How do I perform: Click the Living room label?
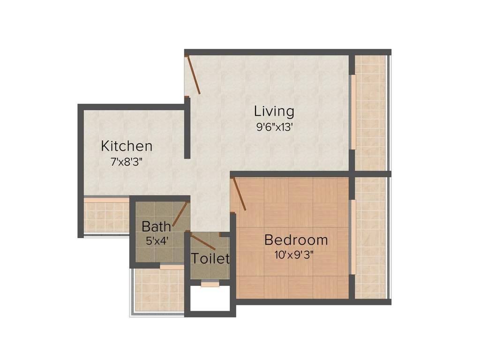[274, 112]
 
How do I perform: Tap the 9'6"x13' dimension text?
[274, 127]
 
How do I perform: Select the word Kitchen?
[127, 146]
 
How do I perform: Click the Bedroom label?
[296, 240]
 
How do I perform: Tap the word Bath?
[156, 227]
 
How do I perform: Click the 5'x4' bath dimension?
[157, 241]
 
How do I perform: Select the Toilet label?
[210, 258]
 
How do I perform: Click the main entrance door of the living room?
[193, 75]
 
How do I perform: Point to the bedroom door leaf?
[239, 194]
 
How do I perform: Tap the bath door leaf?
[180, 215]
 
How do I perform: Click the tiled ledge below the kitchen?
[106, 216]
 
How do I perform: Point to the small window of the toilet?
[210, 283]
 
